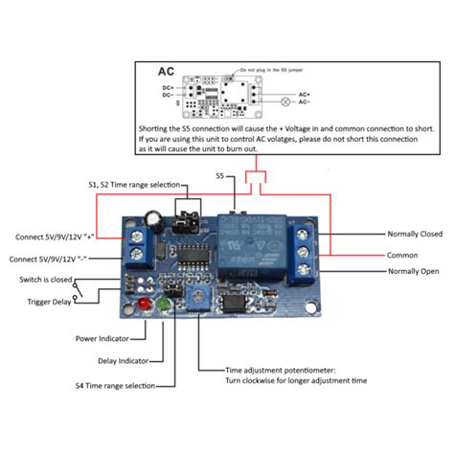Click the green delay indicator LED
[x=164, y=306]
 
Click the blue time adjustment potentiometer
[x=197, y=299]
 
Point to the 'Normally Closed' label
[x=414, y=233]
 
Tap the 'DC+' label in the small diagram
[x=169, y=86]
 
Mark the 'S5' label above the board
[x=220, y=176]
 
